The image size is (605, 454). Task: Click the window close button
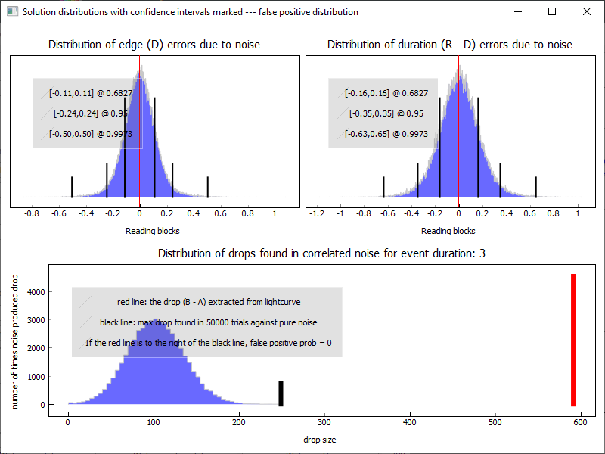[x=586, y=11]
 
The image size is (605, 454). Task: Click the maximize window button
[x=551, y=11]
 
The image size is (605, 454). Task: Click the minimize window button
[x=517, y=11]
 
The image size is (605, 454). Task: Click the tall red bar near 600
[x=573, y=340]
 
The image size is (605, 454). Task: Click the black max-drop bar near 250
[x=281, y=393]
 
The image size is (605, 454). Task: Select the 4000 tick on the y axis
[x=36, y=292]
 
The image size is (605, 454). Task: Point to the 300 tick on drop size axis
[x=324, y=422]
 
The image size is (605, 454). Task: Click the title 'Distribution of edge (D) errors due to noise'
[x=154, y=45]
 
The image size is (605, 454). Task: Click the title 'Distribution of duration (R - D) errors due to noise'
[x=450, y=45]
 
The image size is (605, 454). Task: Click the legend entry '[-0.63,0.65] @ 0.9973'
[x=386, y=134]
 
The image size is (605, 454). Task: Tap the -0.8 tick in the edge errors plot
[x=32, y=214]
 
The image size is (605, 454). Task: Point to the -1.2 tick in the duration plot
[x=318, y=214]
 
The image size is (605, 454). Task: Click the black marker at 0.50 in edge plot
[x=208, y=186]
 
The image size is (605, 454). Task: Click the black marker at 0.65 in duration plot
[x=535, y=186]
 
